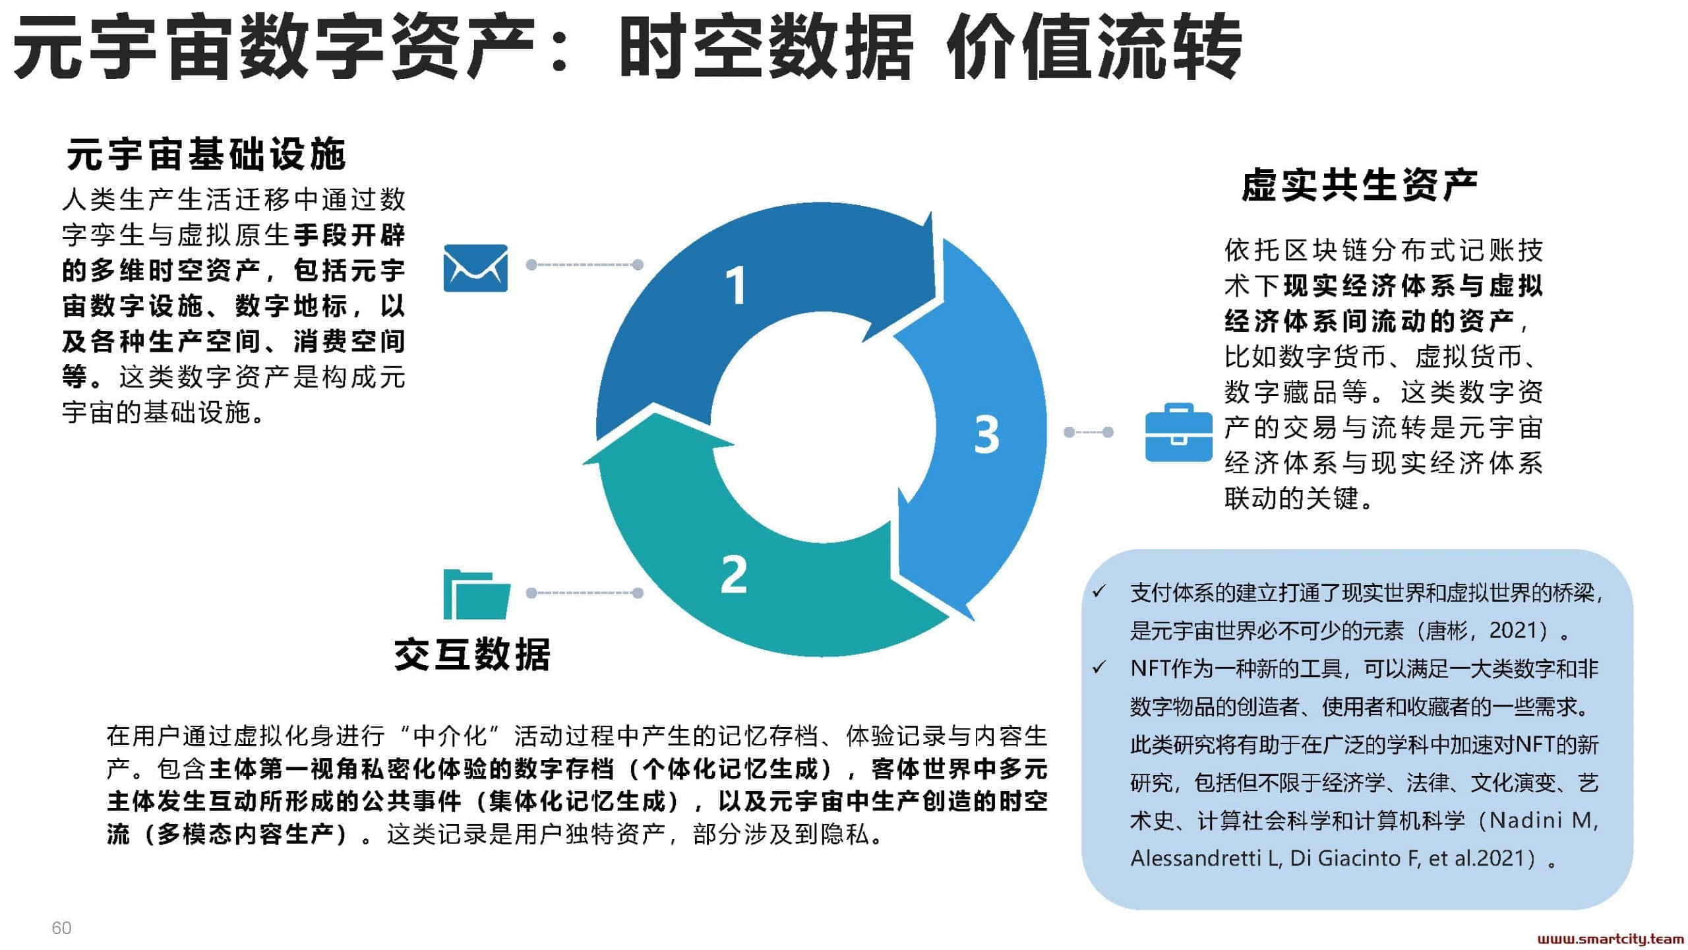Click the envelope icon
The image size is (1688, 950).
point(475,268)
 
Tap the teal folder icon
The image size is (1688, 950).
point(477,594)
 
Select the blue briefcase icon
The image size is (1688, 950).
point(1179,432)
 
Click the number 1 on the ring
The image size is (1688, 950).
point(735,285)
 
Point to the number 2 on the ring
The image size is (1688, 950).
point(734,574)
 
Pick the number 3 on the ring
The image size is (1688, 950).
point(987,434)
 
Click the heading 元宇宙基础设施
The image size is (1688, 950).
point(206,154)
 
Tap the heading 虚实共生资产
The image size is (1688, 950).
point(1360,185)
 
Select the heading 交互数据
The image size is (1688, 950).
point(472,654)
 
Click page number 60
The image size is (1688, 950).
point(61,928)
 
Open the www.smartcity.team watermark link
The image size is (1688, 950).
point(1610,939)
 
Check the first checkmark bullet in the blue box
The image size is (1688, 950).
point(1099,592)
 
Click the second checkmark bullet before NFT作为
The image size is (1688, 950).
point(1099,668)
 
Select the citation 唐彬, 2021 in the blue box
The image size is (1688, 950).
point(1486,631)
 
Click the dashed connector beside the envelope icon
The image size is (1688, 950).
point(584,265)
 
